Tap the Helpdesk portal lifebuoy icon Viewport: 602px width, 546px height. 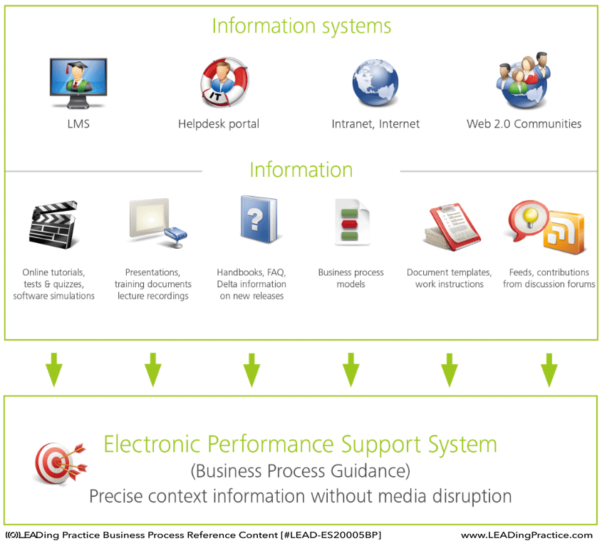(224, 82)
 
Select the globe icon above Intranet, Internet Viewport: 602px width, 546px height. (375, 83)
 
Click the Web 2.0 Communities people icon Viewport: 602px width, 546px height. (524, 81)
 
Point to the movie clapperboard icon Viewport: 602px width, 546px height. (53, 225)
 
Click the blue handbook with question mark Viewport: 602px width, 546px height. (259, 220)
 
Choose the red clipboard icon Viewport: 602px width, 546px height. (452, 227)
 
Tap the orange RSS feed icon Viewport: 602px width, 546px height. (564, 232)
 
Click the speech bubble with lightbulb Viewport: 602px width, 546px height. (528, 220)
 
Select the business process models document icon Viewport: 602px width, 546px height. (352, 222)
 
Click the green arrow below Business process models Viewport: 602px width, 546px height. (351, 370)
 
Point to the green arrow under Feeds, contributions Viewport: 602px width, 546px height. (549, 370)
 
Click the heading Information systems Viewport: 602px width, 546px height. (301, 26)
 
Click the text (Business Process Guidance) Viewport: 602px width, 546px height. (301, 471)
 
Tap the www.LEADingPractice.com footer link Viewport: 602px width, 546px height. (526, 535)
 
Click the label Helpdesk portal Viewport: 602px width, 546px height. (219, 124)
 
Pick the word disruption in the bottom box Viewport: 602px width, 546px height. (472, 496)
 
